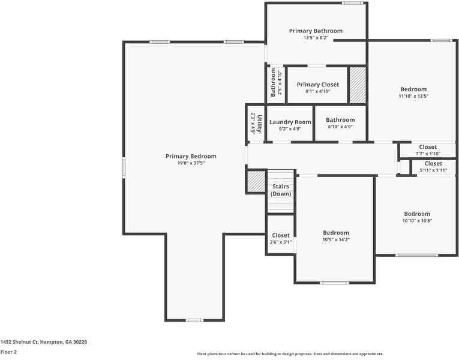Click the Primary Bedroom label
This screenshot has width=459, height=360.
tap(191, 156)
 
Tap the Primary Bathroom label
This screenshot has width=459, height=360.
tap(316, 31)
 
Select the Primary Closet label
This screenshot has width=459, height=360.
tap(317, 85)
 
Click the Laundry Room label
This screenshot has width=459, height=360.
tap(290, 122)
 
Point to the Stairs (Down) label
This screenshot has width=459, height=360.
tap(280, 190)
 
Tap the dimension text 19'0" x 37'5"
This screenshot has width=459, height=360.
tap(191, 163)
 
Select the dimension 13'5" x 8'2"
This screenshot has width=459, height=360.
tap(316, 38)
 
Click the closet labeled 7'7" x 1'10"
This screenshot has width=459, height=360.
tap(428, 150)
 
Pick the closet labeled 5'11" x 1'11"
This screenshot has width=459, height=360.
tap(433, 167)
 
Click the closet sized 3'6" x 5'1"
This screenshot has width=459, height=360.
tap(281, 239)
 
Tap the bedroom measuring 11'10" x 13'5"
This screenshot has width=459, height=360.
tap(413, 92)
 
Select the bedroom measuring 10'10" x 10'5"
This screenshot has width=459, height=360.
tap(416, 217)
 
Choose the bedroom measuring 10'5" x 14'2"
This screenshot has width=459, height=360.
tap(335, 236)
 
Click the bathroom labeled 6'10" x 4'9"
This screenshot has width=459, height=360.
tap(340, 123)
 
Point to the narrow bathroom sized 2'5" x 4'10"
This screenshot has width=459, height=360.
tap(276, 83)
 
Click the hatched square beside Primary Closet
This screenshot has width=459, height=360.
tap(358, 85)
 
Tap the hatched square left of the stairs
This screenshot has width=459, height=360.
tap(256, 182)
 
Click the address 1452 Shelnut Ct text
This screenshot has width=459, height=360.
tap(44, 341)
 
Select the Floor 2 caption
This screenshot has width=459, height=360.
tap(8, 352)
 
